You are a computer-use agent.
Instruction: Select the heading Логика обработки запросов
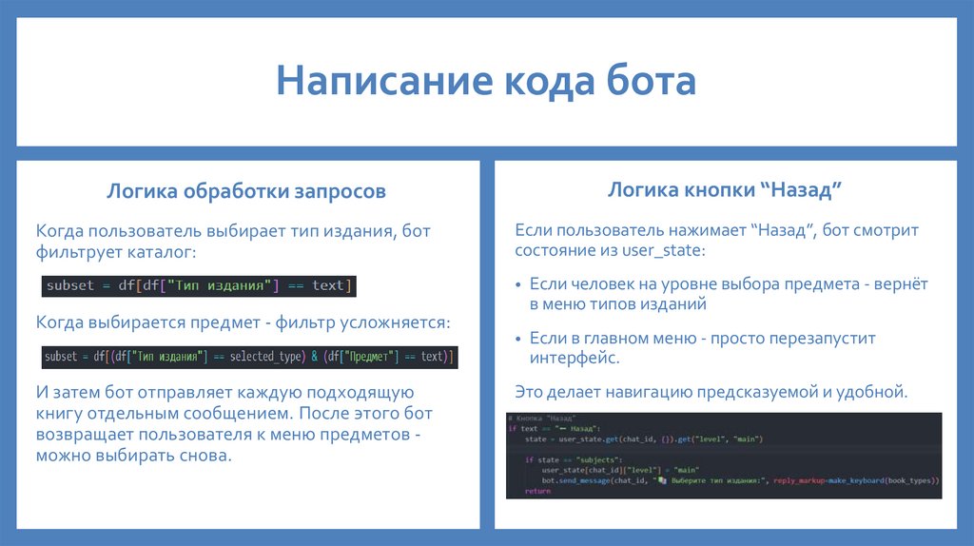[x=246, y=191]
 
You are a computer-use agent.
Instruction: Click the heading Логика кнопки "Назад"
[x=726, y=190]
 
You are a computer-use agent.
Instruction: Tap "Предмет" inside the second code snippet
[x=365, y=357]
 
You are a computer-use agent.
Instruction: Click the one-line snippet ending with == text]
[x=199, y=285]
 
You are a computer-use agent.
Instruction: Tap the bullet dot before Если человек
[x=518, y=285]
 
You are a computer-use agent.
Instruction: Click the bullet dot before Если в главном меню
[x=518, y=340]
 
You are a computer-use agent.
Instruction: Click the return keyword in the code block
[x=537, y=491]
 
